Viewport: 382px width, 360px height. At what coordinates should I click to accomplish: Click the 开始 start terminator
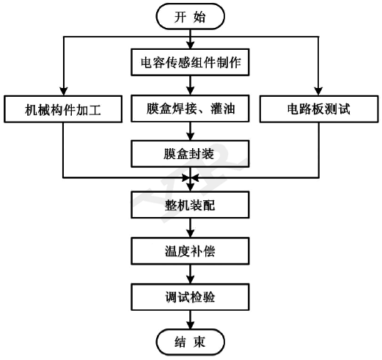[x=191, y=15]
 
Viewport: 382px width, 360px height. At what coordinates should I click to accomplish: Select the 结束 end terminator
[x=191, y=342]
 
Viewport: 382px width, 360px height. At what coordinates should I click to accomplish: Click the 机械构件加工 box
[x=62, y=110]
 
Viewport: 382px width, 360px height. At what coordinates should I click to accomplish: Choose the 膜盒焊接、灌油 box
[x=191, y=110]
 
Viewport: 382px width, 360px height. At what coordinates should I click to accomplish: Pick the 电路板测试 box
[x=320, y=110]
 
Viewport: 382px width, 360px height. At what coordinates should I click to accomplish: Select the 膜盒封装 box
[x=191, y=155]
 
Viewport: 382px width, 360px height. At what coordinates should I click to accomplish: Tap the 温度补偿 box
[x=191, y=251]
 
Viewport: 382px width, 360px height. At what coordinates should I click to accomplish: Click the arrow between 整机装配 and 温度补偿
[x=191, y=228]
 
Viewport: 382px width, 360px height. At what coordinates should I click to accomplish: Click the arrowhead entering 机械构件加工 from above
[x=62, y=92]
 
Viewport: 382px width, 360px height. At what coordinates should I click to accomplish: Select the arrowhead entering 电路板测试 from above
[x=320, y=92]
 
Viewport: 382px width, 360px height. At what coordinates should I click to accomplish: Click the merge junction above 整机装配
[x=191, y=178]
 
